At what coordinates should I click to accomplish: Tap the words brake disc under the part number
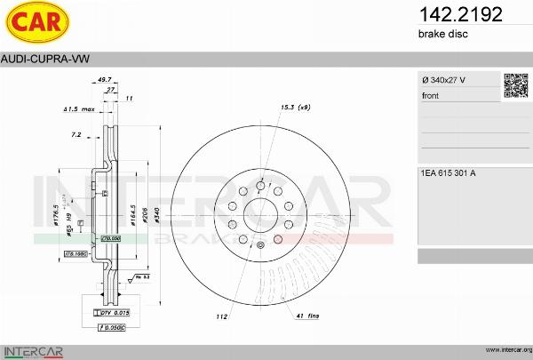(442, 34)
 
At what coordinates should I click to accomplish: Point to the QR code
(516, 85)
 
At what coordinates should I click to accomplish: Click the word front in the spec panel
(431, 95)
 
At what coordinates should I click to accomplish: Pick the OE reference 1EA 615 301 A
(449, 172)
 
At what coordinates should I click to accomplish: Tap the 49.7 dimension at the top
(105, 79)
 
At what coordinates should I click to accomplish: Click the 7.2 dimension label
(76, 134)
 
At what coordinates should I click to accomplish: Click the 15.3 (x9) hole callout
(295, 107)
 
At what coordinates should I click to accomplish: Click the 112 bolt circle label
(221, 316)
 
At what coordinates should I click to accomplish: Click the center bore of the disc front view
(260, 212)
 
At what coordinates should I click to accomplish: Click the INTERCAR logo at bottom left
(33, 349)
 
